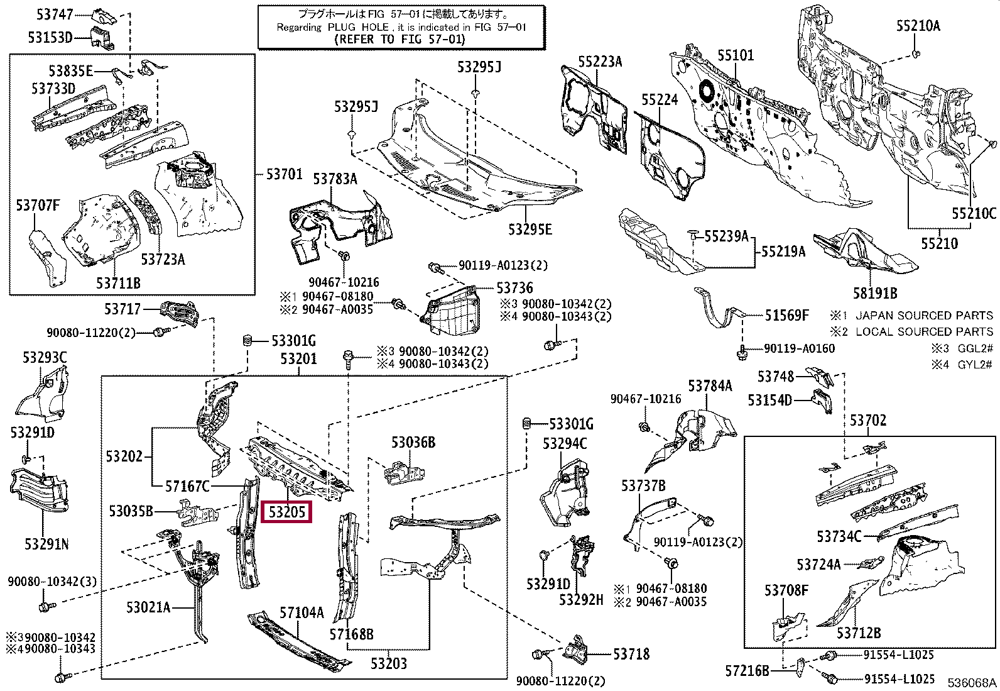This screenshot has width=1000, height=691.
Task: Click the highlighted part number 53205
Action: (286, 512)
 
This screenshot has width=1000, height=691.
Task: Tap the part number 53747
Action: (55, 14)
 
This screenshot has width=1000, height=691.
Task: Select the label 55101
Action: (736, 55)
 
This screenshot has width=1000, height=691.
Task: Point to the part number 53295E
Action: (530, 229)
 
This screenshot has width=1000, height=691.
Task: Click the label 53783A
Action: (335, 179)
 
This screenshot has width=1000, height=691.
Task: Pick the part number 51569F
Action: (786, 316)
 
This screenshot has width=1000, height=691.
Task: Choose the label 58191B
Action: (875, 293)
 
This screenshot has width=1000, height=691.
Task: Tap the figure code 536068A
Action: (972, 682)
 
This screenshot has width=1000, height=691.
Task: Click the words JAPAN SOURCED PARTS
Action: (924, 316)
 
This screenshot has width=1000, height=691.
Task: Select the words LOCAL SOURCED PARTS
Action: (924, 331)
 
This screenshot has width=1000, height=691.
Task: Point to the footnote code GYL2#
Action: (974, 364)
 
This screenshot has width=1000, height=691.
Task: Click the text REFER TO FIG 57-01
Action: (399, 40)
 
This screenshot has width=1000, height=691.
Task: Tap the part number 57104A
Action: (302, 612)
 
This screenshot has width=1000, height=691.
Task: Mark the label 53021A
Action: (148, 607)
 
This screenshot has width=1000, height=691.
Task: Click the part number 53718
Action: (631, 654)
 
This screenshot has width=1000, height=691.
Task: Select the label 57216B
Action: (747, 671)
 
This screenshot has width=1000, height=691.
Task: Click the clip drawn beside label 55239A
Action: (693, 234)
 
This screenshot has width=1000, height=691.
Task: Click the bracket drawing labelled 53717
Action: (180, 311)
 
